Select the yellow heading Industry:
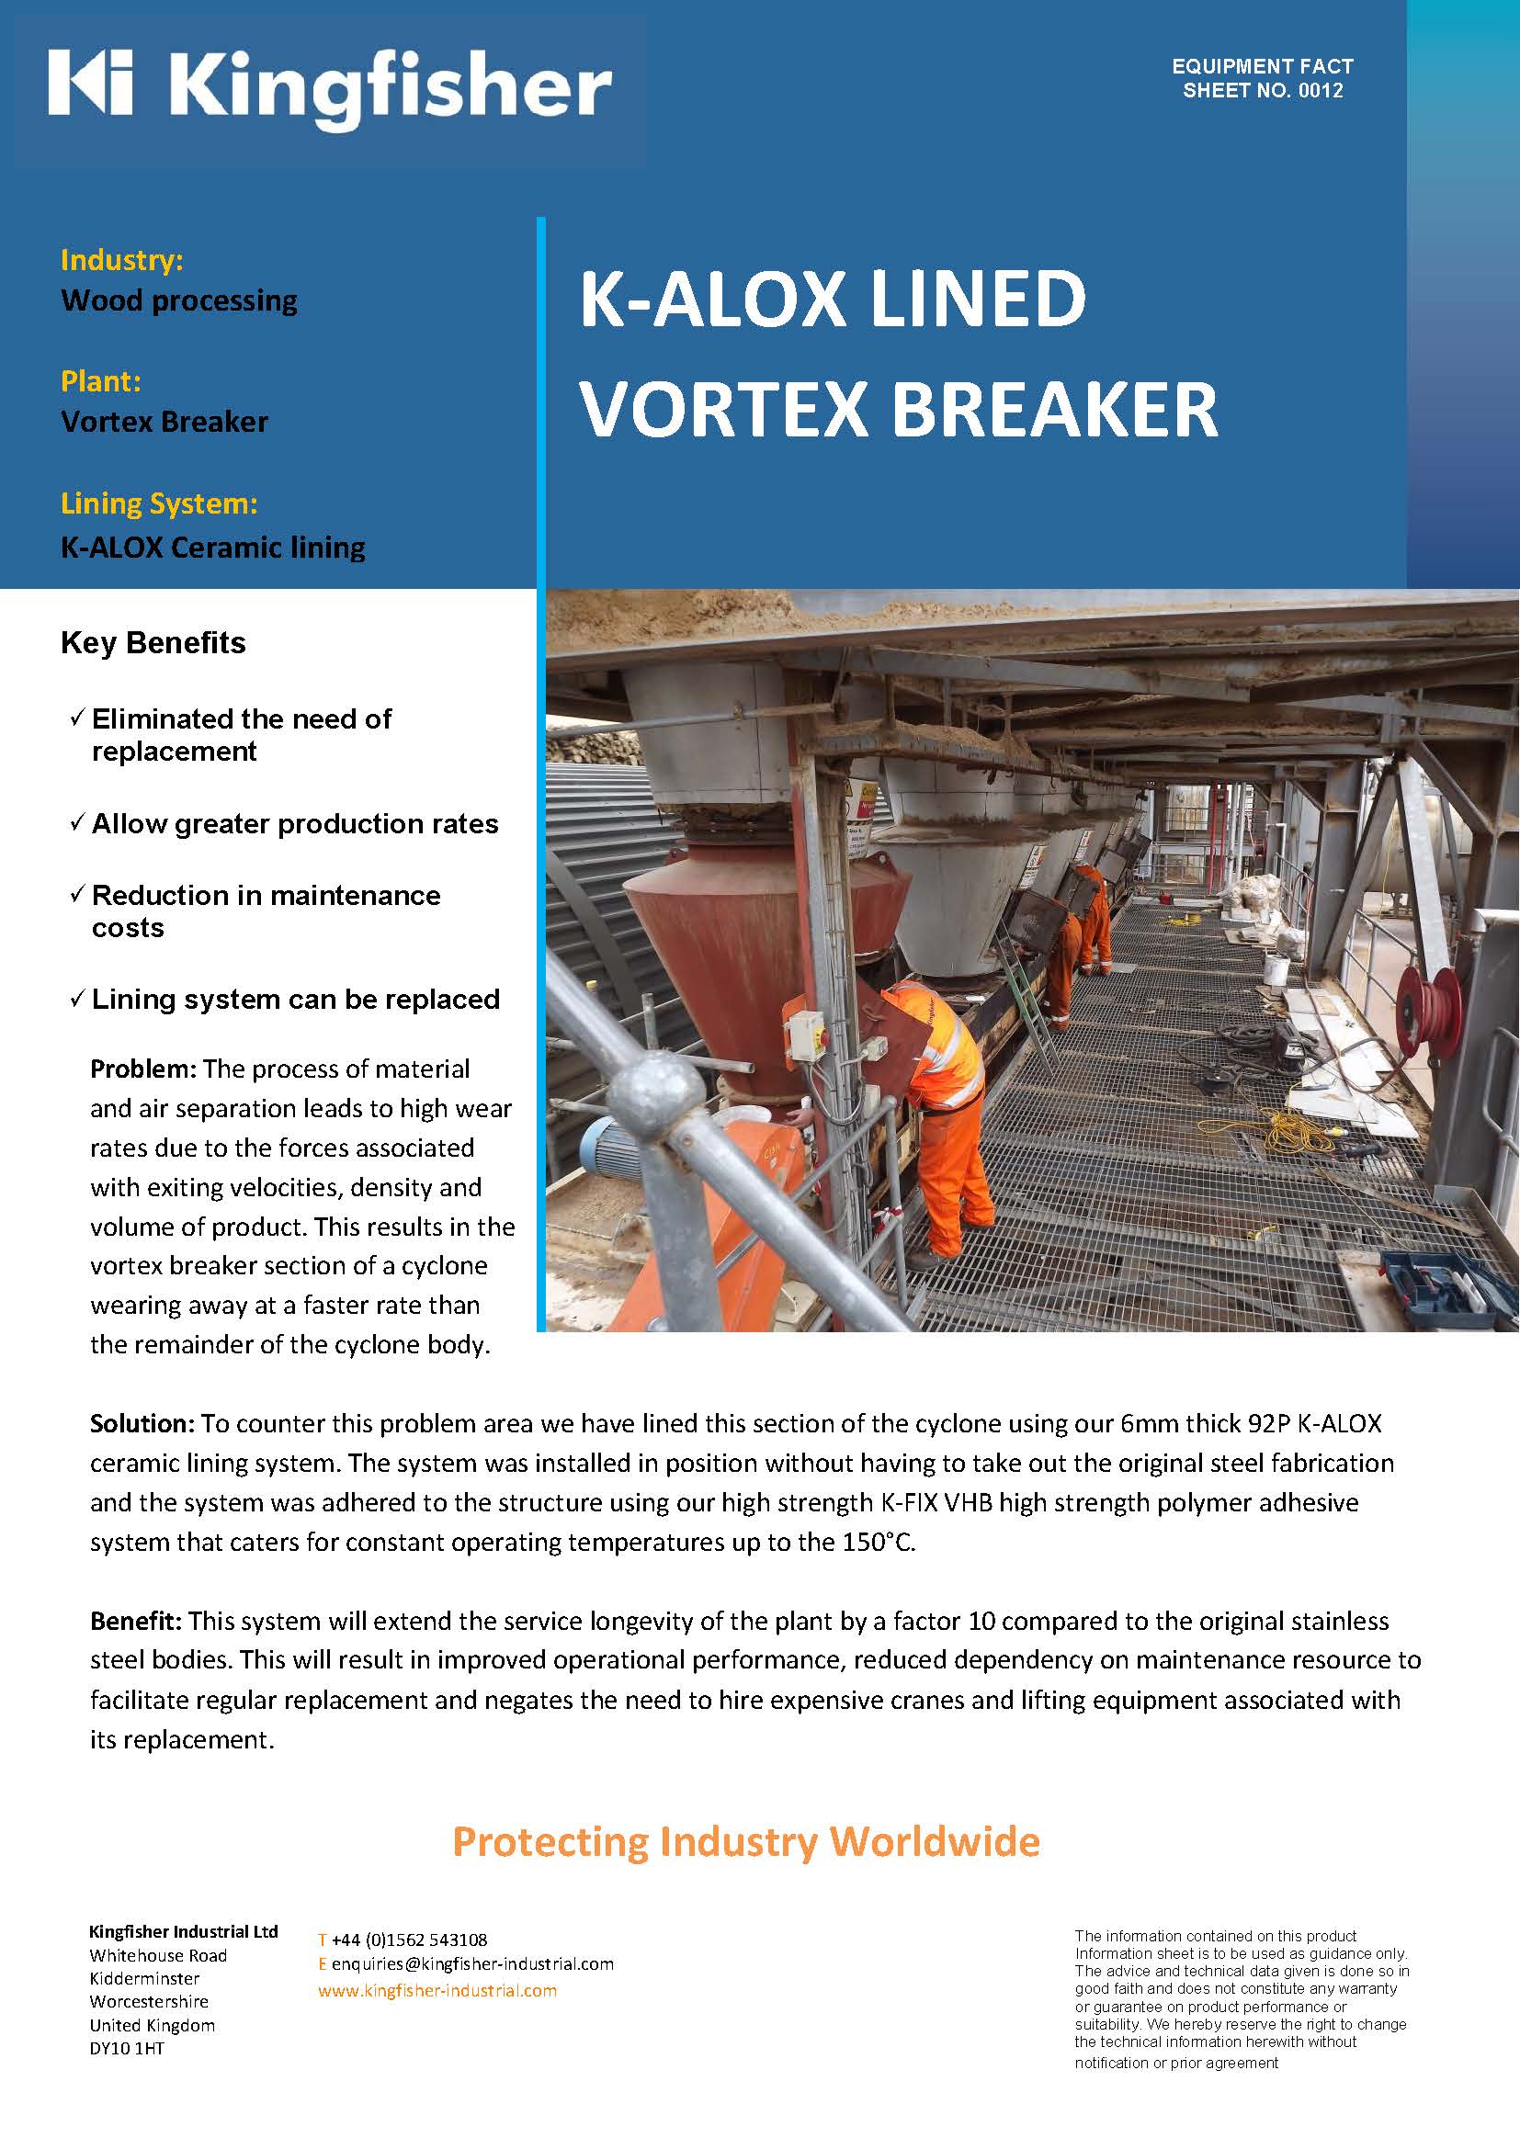121,260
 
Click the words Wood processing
179,300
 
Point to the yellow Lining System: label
159,503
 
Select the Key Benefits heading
153,643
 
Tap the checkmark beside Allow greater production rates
78,822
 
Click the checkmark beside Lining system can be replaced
78,999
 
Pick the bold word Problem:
143,1069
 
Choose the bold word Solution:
142,1423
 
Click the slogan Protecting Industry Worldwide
746,1842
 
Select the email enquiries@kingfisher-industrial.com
471,1963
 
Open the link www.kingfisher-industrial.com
437,1990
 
